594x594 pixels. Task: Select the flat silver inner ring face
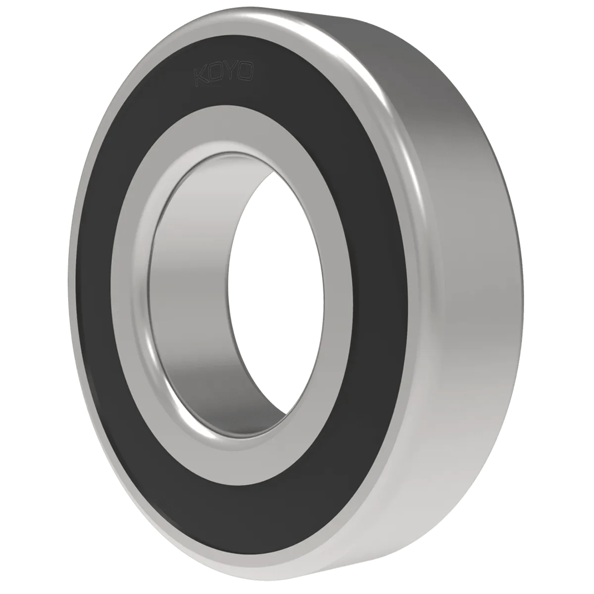130,293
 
